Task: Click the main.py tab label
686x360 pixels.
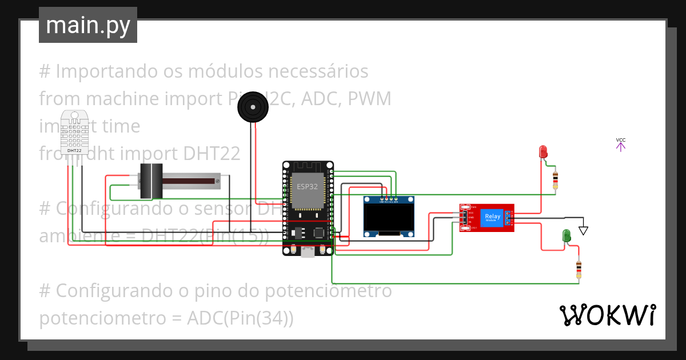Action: [87, 25]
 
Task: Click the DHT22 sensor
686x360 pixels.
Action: [74, 133]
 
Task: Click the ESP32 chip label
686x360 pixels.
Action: [307, 186]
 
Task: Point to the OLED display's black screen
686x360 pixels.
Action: [389, 216]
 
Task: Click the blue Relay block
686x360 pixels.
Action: [492, 217]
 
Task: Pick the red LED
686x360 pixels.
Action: [543, 151]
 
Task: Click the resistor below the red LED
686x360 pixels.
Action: [555, 180]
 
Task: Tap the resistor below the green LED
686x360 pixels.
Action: [579, 269]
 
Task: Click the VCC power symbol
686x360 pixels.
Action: [621, 144]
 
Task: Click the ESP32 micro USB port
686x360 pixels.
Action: [308, 253]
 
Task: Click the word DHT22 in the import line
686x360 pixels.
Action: [212, 154]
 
